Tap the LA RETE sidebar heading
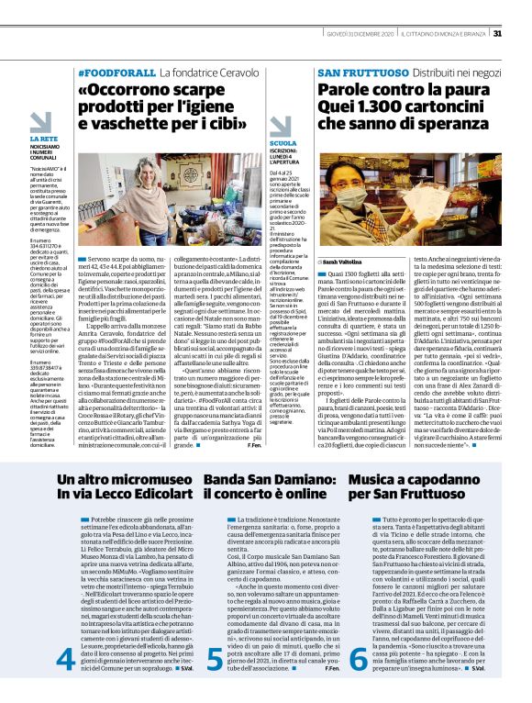point(43,139)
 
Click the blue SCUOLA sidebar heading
point(283,143)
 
